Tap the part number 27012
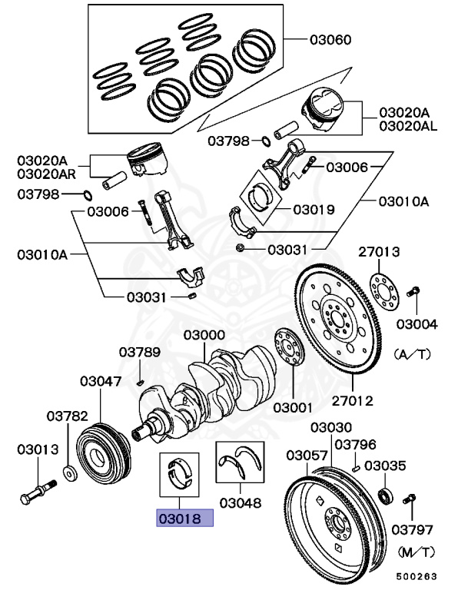click(x=351, y=399)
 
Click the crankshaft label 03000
click(x=204, y=336)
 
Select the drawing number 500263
click(x=418, y=575)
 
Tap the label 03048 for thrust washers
click(x=239, y=504)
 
